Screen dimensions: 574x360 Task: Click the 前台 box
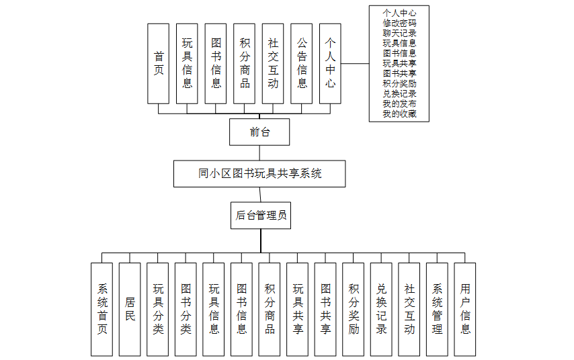click(x=259, y=132)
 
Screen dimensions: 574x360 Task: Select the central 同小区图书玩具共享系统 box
click(x=259, y=174)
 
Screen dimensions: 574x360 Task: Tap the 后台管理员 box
click(x=261, y=216)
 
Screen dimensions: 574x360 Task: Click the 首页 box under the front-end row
click(x=158, y=64)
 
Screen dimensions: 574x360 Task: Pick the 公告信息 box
click(x=302, y=64)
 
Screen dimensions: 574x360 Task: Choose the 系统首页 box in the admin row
click(x=101, y=309)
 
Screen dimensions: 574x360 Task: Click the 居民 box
click(x=130, y=309)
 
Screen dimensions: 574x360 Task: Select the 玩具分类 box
click(x=158, y=309)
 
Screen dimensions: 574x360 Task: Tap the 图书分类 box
click(x=186, y=309)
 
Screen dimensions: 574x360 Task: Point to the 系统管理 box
click(x=437, y=309)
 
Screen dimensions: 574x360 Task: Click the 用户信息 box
click(x=465, y=309)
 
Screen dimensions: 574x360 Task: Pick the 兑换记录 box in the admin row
click(x=381, y=309)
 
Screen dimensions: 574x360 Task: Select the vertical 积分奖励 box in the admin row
click(x=354, y=309)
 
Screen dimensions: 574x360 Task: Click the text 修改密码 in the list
click(x=399, y=23)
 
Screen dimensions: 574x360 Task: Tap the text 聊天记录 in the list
click(x=399, y=34)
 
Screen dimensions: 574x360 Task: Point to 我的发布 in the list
click(x=399, y=104)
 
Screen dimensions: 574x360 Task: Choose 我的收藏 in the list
click(x=399, y=114)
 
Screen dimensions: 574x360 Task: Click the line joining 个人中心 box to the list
click(x=355, y=64)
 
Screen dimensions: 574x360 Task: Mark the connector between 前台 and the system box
click(x=259, y=153)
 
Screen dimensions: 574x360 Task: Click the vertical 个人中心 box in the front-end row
click(x=330, y=64)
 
